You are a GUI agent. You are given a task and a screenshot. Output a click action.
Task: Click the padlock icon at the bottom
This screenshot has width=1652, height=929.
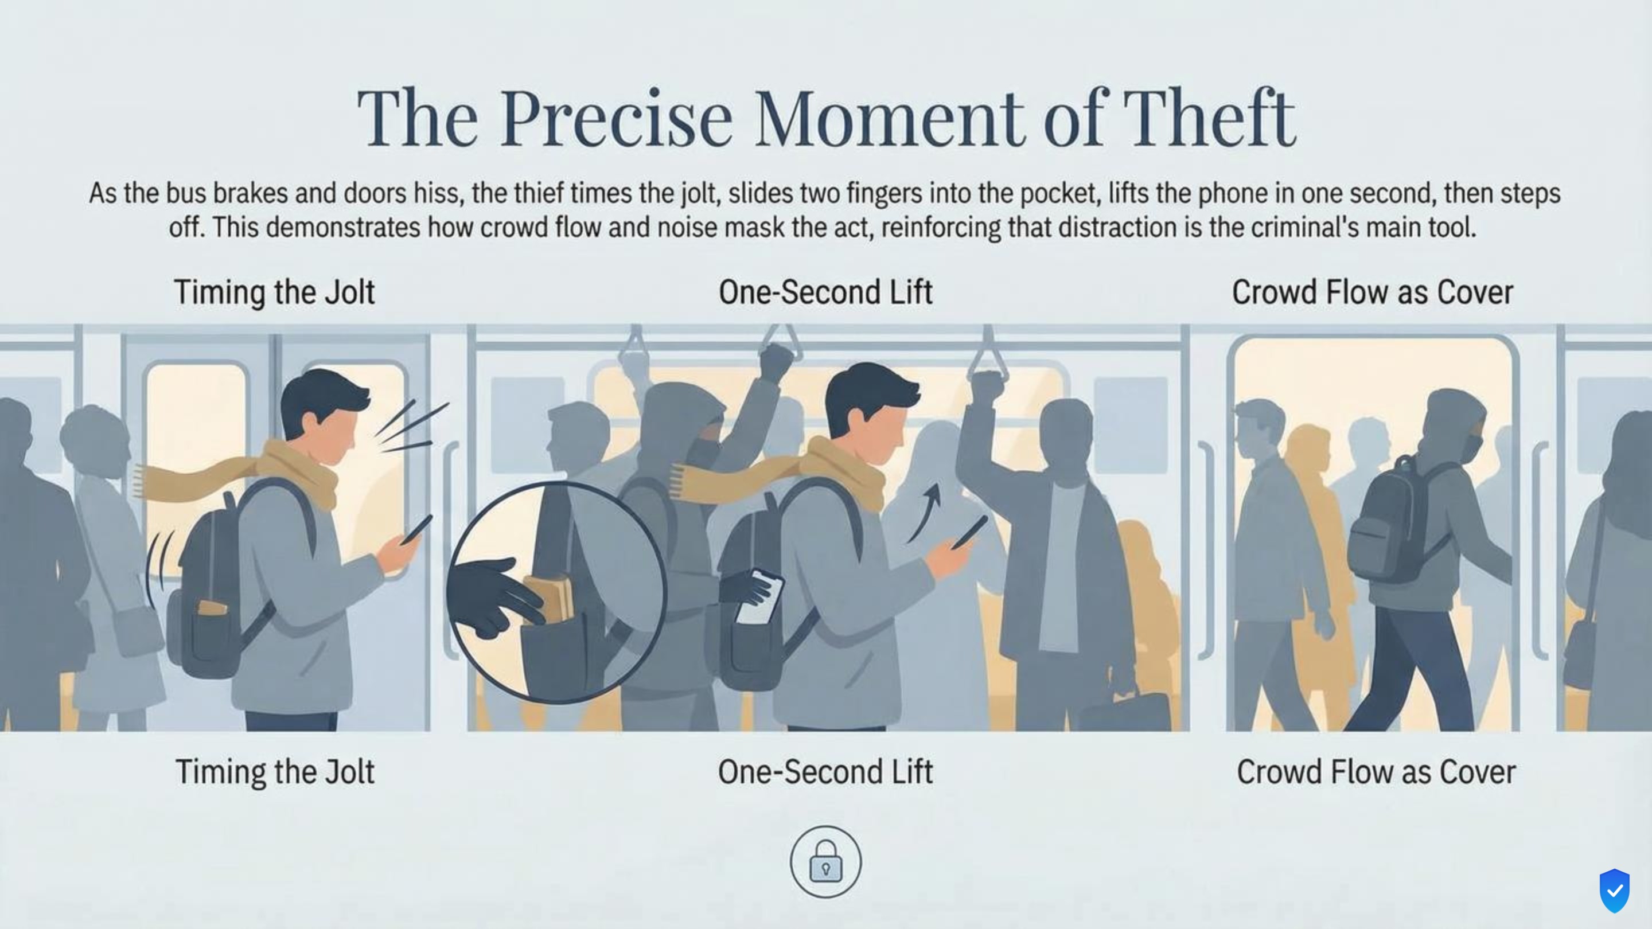click(x=825, y=862)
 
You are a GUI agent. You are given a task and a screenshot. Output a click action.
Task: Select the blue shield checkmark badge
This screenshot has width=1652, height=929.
click(x=1614, y=891)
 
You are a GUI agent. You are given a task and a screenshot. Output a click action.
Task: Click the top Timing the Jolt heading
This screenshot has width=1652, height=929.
click(x=275, y=292)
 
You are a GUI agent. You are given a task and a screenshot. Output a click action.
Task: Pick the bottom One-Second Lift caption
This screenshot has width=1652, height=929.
click(x=825, y=771)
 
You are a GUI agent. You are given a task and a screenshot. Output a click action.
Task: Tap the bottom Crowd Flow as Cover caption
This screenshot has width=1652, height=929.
click(x=1376, y=771)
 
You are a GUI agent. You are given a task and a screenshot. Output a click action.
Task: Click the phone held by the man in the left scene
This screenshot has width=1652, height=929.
click(x=417, y=529)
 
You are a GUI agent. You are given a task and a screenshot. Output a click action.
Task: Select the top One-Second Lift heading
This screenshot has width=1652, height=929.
click(x=825, y=292)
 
